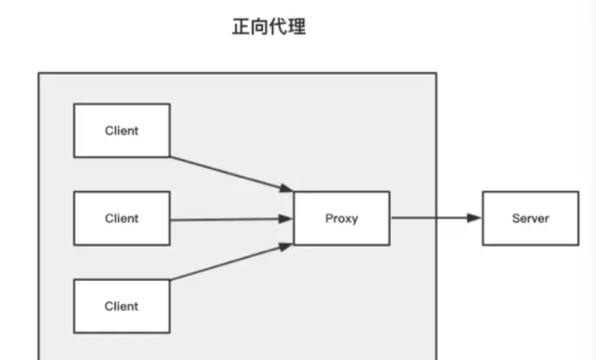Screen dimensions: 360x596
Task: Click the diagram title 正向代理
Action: point(268,26)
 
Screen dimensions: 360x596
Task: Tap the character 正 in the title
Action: point(241,26)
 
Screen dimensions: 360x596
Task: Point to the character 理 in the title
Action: point(296,26)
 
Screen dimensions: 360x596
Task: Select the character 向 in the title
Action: point(260,26)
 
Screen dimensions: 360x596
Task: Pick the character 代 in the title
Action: point(278,26)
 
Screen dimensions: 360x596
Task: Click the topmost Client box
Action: point(122,130)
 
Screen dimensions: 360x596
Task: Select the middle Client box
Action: point(122,219)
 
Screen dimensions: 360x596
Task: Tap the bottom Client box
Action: point(122,306)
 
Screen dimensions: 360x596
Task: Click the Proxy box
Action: point(341,219)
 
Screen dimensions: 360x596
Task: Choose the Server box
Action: point(530,219)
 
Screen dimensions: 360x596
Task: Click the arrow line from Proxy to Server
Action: point(430,219)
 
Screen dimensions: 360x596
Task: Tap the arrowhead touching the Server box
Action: point(475,219)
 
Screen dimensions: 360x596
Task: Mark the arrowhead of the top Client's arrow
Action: point(287,188)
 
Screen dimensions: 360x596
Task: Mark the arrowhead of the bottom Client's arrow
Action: point(287,248)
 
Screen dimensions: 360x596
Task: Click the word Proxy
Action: point(341,219)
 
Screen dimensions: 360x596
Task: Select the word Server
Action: point(530,219)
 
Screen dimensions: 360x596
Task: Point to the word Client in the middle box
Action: point(122,219)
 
